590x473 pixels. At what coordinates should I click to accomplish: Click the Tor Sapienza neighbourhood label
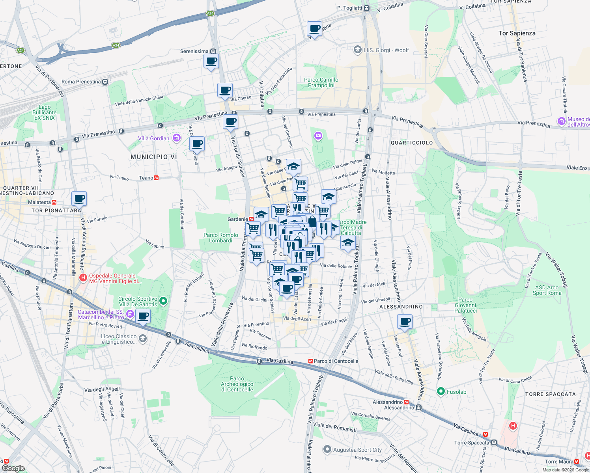517,33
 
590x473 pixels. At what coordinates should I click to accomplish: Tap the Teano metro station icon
156,178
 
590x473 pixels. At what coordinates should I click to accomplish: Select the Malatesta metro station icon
54,202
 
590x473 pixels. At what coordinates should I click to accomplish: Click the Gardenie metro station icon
251,219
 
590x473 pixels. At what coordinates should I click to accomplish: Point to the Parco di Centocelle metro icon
311,361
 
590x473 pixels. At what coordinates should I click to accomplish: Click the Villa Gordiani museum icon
176,138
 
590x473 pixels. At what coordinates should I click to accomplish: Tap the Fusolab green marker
441,391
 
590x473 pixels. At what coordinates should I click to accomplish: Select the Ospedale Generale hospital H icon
83,278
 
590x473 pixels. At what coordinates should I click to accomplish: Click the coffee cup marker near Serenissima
211,61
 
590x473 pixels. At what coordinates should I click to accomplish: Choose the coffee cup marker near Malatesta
79,199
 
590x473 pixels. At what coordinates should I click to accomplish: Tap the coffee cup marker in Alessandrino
405,322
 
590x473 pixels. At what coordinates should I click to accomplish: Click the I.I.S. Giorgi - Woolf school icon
357,50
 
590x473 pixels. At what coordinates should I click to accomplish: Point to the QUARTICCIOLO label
411,143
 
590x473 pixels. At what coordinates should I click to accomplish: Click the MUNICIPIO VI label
154,157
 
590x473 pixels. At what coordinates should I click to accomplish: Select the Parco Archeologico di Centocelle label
237,384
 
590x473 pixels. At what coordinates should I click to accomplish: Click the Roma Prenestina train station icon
105,82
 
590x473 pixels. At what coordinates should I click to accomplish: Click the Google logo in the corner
13,468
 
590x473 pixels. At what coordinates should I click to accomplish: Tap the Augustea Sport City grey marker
327,449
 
